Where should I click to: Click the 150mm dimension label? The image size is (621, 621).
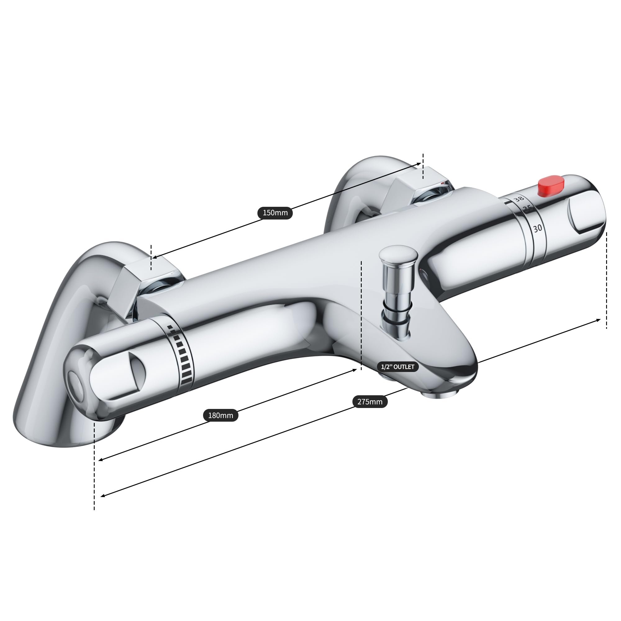(275, 213)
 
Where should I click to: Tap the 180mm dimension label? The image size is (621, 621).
(220, 415)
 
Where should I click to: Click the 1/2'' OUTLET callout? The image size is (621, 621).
(398, 367)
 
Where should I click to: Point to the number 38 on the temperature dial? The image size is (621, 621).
(518, 199)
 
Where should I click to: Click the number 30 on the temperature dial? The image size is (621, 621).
(537, 229)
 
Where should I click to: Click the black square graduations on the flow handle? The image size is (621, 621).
(182, 355)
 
